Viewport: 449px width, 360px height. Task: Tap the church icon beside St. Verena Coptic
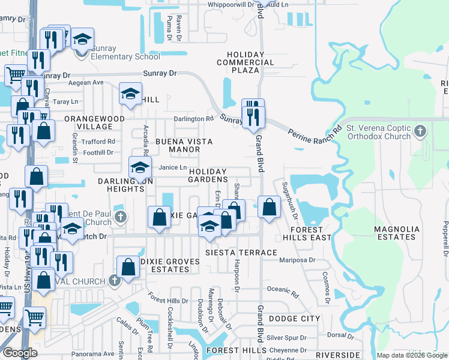click(421, 130)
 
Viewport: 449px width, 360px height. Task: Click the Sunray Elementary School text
click(127, 56)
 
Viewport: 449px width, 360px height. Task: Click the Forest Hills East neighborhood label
click(311, 233)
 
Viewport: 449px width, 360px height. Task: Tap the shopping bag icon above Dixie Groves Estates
click(128, 267)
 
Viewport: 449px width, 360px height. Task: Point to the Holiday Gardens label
click(208, 175)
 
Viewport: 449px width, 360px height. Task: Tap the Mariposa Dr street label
click(298, 260)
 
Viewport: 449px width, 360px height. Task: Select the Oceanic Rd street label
click(282, 289)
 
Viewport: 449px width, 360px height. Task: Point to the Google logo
click(20, 353)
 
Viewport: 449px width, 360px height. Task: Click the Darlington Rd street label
click(193, 119)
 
